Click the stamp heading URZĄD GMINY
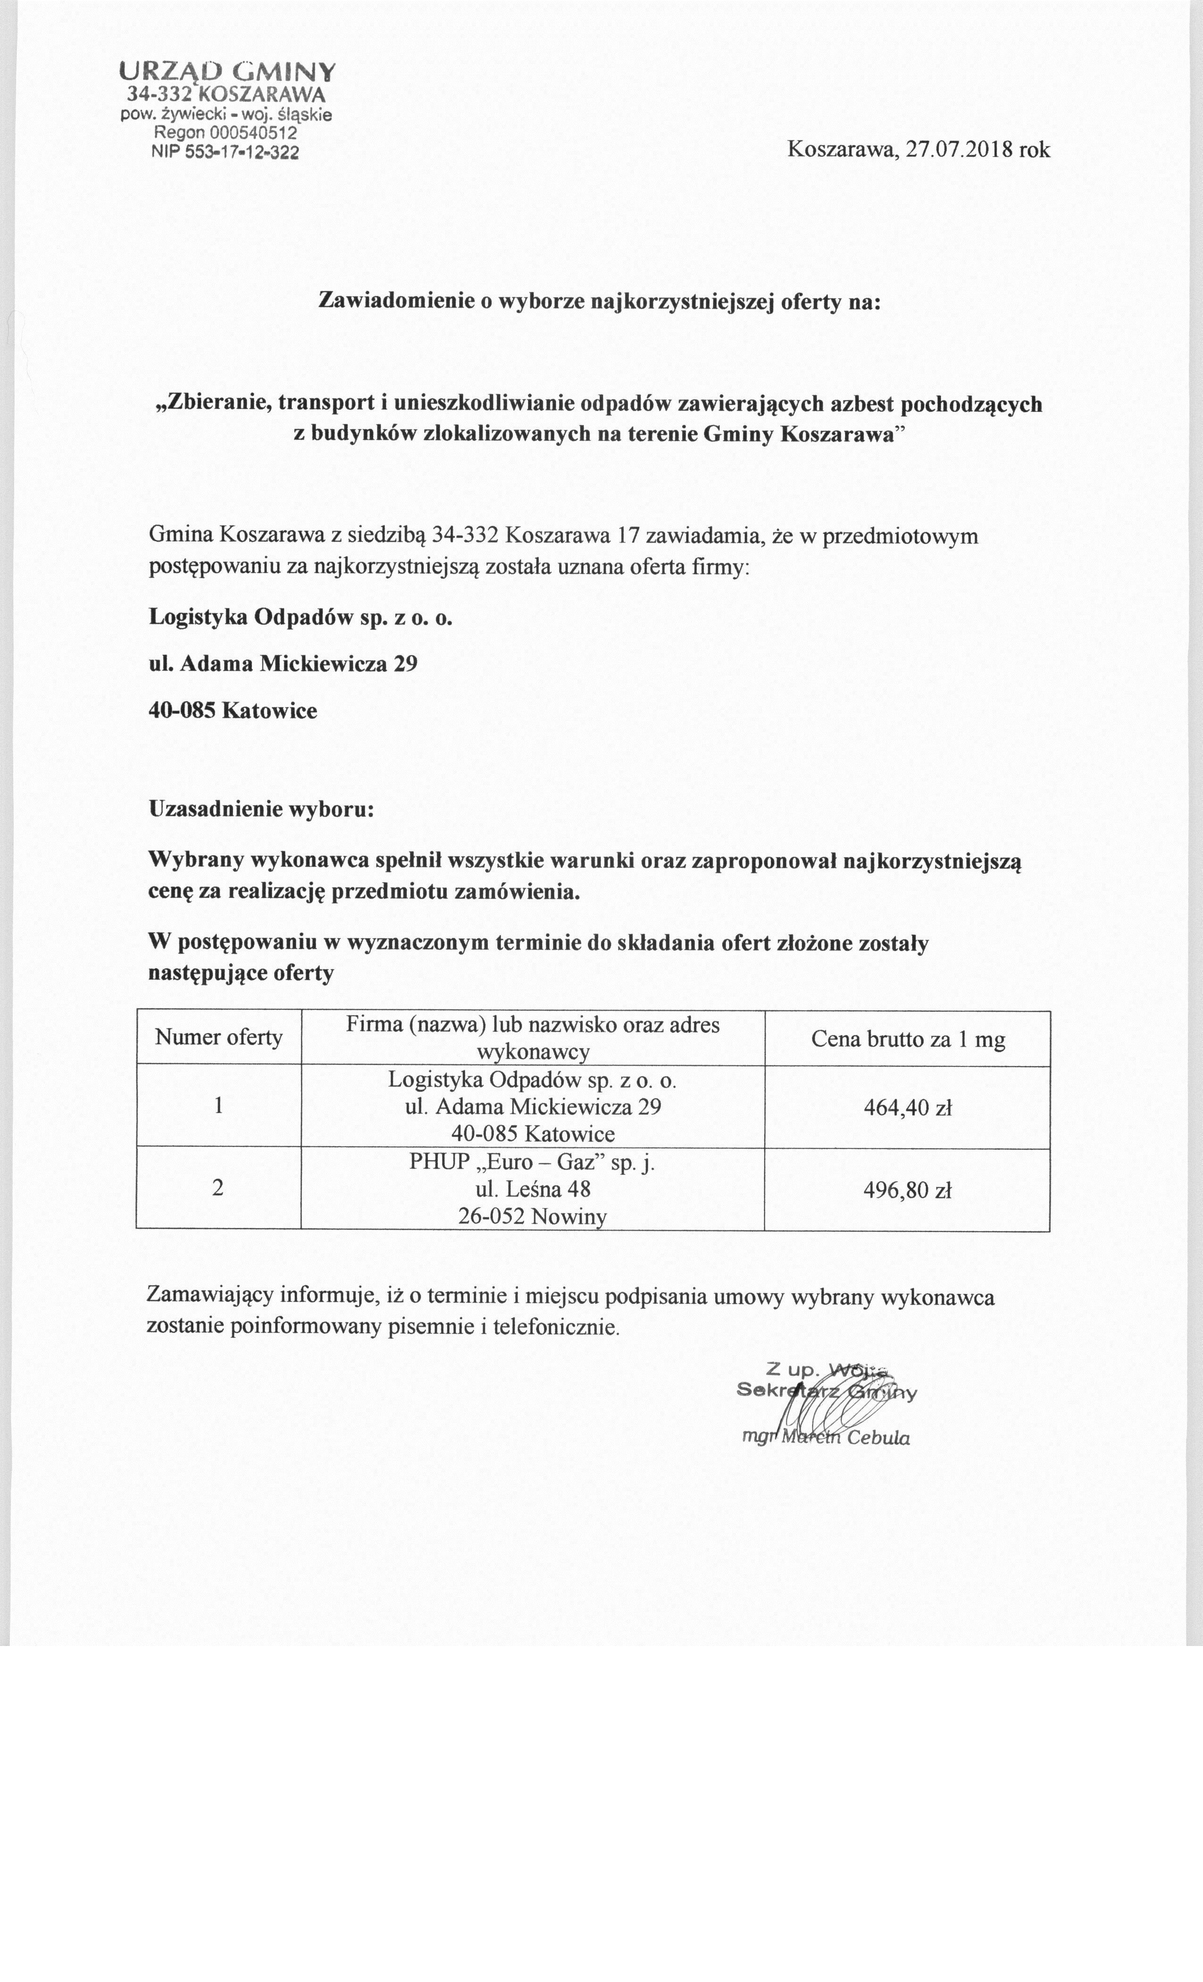tap(227, 72)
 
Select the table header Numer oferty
tap(219, 1038)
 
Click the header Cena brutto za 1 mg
tap(908, 1040)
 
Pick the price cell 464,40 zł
tap(908, 1109)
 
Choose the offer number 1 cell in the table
tap(219, 1107)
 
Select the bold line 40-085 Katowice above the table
tap(233, 711)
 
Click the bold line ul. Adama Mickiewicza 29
tap(283, 664)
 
